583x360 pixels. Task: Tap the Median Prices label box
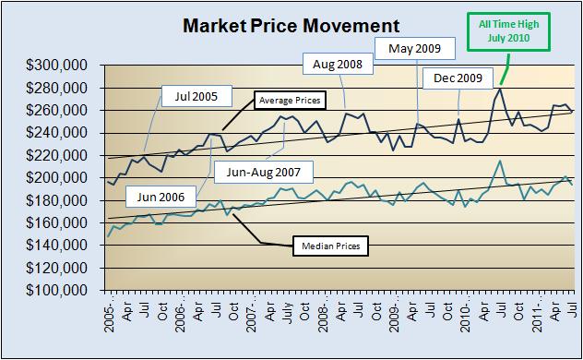point(330,246)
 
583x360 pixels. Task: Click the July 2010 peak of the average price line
point(500,89)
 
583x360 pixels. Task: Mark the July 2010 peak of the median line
point(500,161)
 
